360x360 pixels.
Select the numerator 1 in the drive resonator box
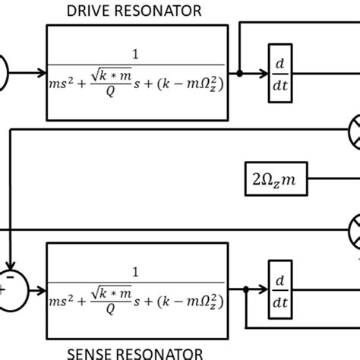(x=137, y=55)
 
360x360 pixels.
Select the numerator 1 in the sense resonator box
(x=137, y=270)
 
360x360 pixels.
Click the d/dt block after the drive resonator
(x=279, y=73)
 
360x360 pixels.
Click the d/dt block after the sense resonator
(x=279, y=289)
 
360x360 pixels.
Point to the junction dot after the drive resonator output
(x=239, y=73)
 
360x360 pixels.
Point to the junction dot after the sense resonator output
(x=248, y=289)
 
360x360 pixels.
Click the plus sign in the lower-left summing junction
(x=5, y=289)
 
